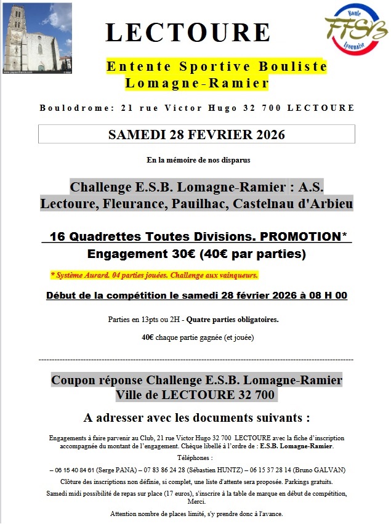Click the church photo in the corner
[x=38, y=38]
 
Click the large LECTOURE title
[x=188, y=32]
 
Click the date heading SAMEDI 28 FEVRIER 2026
[x=196, y=134]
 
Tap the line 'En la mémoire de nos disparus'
[x=198, y=160]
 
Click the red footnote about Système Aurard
[x=154, y=275]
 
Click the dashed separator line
[x=196, y=359]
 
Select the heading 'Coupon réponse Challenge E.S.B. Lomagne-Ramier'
[x=196, y=380]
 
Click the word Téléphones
[x=196, y=458]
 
